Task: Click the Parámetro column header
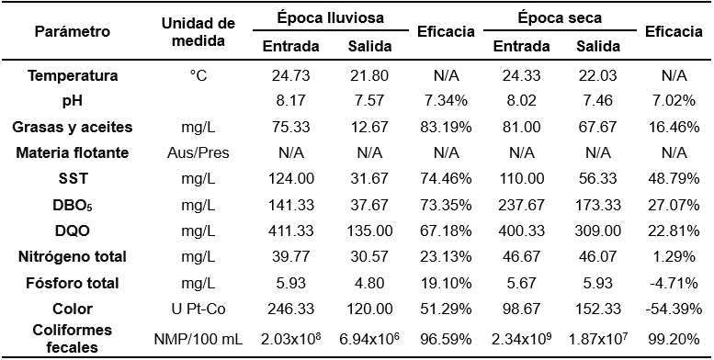(73, 31)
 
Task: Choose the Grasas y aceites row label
(73, 126)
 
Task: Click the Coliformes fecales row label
(73, 339)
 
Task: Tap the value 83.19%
(445, 126)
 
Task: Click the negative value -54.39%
(674, 309)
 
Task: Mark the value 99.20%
(674, 339)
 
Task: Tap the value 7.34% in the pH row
(445, 100)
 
